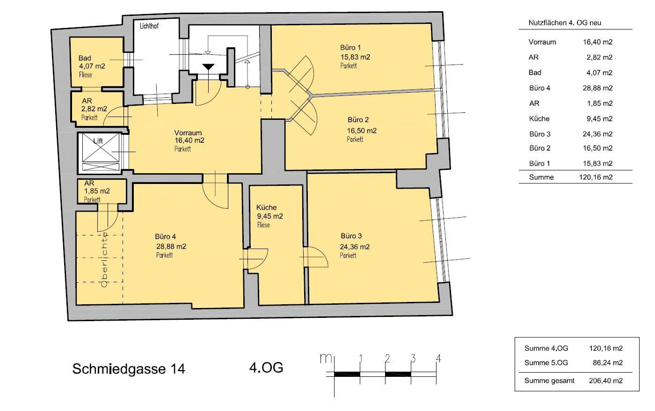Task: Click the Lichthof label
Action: (149, 26)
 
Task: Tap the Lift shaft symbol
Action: (101, 152)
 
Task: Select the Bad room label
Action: (85, 58)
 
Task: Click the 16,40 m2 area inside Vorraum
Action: (189, 140)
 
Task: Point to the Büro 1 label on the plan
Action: (350, 47)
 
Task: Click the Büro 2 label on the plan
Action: (358, 120)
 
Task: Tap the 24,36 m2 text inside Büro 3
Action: (355, 247)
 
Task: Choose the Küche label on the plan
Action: (266, 207)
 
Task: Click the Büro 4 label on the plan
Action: (166, 236)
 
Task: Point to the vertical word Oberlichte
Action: (104, 259)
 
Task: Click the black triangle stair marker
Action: (208, 67)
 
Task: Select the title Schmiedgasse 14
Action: (129, 368)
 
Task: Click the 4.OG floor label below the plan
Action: (266, 367)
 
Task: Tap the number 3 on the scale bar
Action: (413, 359)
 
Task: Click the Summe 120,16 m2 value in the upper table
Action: (596, 177)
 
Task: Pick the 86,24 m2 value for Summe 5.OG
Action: (608, 363)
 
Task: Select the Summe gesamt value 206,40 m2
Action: (606, 381)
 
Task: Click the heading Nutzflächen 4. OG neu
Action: (565, 23)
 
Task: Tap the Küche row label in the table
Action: (539, 118)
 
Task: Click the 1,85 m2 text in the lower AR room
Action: (97, 191)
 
